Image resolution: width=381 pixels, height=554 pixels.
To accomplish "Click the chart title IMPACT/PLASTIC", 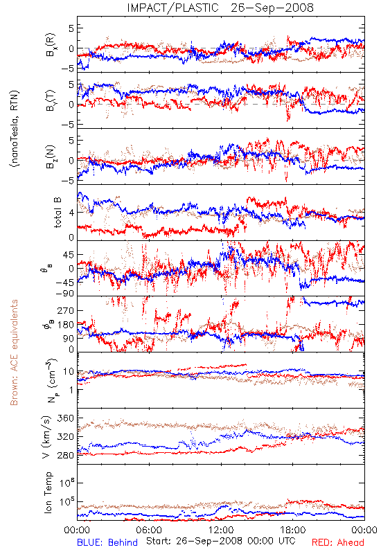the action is point(172,8).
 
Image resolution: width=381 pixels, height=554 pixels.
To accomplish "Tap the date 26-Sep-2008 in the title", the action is point(272,8).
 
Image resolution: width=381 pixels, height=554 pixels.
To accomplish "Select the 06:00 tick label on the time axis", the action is point(149,530).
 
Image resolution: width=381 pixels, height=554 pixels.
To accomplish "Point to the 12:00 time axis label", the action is point(221,530).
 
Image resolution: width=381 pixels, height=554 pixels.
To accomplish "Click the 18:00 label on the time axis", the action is point(293,530).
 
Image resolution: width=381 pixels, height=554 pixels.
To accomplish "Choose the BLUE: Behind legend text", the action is point(107,542).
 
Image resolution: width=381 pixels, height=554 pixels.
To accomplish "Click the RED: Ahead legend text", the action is point(337,542).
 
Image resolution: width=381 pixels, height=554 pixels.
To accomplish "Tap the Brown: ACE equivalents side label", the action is point(14,352).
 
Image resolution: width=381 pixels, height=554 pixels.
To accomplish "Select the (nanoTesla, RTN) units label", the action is point(15,128).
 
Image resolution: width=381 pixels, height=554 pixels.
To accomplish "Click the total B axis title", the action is point(57,213).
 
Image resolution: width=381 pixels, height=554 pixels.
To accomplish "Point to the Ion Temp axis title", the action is point(48,492).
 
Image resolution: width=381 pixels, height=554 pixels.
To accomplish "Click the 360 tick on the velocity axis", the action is point(65,418).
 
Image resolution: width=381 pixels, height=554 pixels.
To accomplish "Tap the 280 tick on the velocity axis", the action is point(65,455).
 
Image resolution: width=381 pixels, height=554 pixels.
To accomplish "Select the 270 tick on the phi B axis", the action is point(65,310).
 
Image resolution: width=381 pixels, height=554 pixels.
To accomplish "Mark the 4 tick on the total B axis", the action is point(71,213).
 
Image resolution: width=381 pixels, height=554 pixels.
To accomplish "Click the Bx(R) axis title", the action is point(50,45).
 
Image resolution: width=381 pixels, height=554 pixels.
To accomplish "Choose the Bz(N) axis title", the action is point(50,157).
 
